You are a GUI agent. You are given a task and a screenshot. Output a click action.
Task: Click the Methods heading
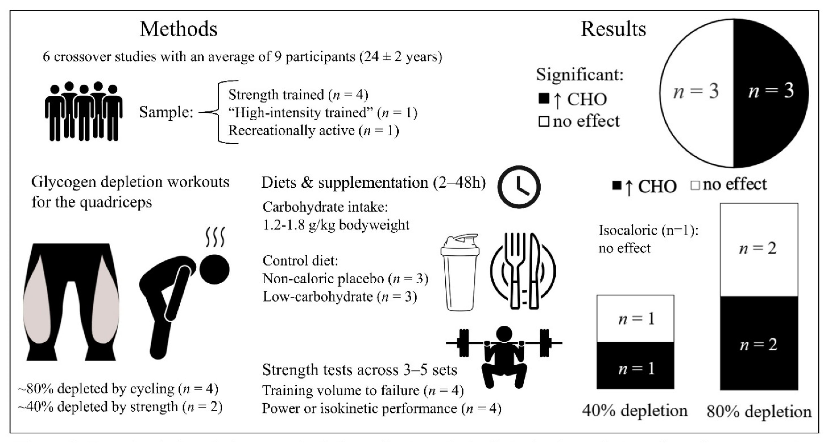(x=179, y=29)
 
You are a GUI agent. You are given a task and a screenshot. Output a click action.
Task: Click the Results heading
(x=613, y=29)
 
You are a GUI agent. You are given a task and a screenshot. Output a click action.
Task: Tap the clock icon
(x=519, y=187)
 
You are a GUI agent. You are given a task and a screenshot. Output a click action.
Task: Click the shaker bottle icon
(x=460, y=273)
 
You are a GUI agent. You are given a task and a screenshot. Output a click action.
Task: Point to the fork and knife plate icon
(x=523, y=271)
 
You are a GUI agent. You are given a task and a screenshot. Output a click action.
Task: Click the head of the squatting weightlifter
(x=504, y=335)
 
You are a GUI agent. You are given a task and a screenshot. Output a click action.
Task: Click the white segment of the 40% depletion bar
(x=635, y=319)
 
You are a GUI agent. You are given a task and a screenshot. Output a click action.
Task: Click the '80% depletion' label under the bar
(x=759, y=412)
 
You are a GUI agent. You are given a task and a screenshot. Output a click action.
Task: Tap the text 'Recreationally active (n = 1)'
(x=313, y=131)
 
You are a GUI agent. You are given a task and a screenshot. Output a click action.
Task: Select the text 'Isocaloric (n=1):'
(x=648, y=230)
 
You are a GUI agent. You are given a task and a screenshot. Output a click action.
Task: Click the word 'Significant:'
(x=580, y=75)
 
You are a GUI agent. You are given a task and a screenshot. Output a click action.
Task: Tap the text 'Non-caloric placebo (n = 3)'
(x=345, y=279)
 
